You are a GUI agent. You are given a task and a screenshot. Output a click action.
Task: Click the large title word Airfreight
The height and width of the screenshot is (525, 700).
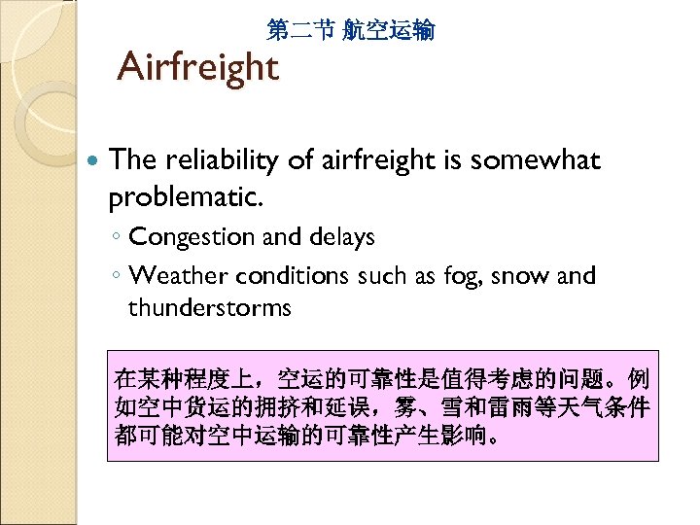click(197, 68)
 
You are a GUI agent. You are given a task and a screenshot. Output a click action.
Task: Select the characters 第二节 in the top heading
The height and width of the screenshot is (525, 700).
click(298, 31)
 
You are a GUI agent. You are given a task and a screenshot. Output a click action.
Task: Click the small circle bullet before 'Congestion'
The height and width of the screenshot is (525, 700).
click(116, 238)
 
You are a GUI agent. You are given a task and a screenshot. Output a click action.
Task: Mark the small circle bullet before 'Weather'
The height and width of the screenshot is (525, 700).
click(116, 277)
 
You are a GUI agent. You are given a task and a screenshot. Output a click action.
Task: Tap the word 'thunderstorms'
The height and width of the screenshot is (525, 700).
click(209, 308)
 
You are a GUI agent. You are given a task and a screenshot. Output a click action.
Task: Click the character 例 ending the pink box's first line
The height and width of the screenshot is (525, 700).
click(639, 377)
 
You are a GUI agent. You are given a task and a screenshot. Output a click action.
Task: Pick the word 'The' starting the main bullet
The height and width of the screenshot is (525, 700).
click(130, 160)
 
